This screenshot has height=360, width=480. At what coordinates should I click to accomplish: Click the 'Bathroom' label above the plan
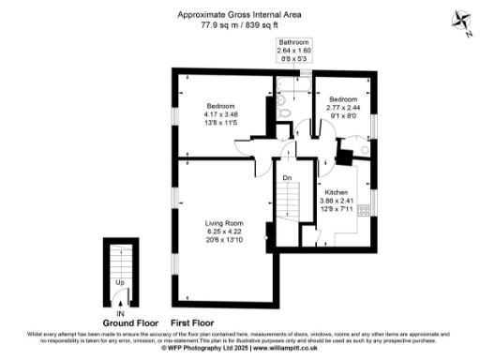(292, 43)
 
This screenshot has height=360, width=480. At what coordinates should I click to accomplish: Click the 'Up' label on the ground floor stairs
(120, 281)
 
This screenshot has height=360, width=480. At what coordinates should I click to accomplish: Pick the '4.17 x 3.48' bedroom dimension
(221, 115)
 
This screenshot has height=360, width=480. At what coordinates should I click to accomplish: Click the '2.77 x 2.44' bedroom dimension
(342, 108)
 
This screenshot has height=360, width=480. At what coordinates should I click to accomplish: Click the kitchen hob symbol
(371, 209)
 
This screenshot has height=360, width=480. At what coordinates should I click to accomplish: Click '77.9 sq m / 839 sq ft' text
(241, 26)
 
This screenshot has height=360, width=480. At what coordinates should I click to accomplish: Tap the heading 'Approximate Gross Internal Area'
(241, 14)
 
